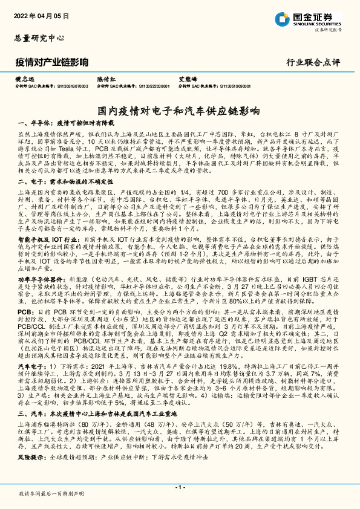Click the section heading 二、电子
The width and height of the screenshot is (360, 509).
click(x=28, y=181)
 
